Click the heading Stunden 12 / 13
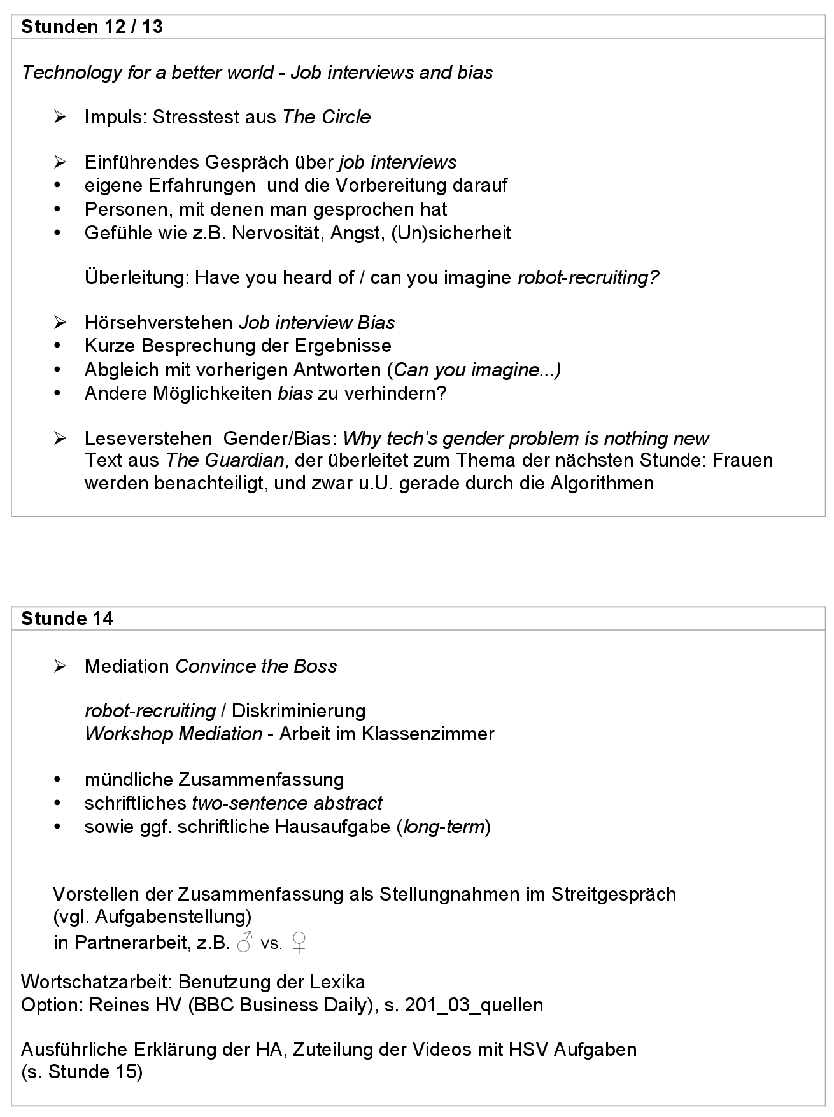[x=92, y=27]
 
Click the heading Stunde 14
[x=67, y=619]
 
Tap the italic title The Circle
[x=326, y=117]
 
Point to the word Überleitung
[x=136, y=277]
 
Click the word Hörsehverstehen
[x=159, y=323]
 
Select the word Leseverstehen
[x=148, y=439]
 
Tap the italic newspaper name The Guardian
[x=225, y=460]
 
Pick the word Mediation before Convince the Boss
[x=127, y=666]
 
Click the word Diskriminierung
[x=299, y=711]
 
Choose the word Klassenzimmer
[x=428, y=734]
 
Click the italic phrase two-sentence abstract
[x=287, y=803]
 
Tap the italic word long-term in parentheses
[x=444, y=827]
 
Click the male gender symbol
[x=244, y=942]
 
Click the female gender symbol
[x=299, y=942]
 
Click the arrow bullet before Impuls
[x=60, y=117]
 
